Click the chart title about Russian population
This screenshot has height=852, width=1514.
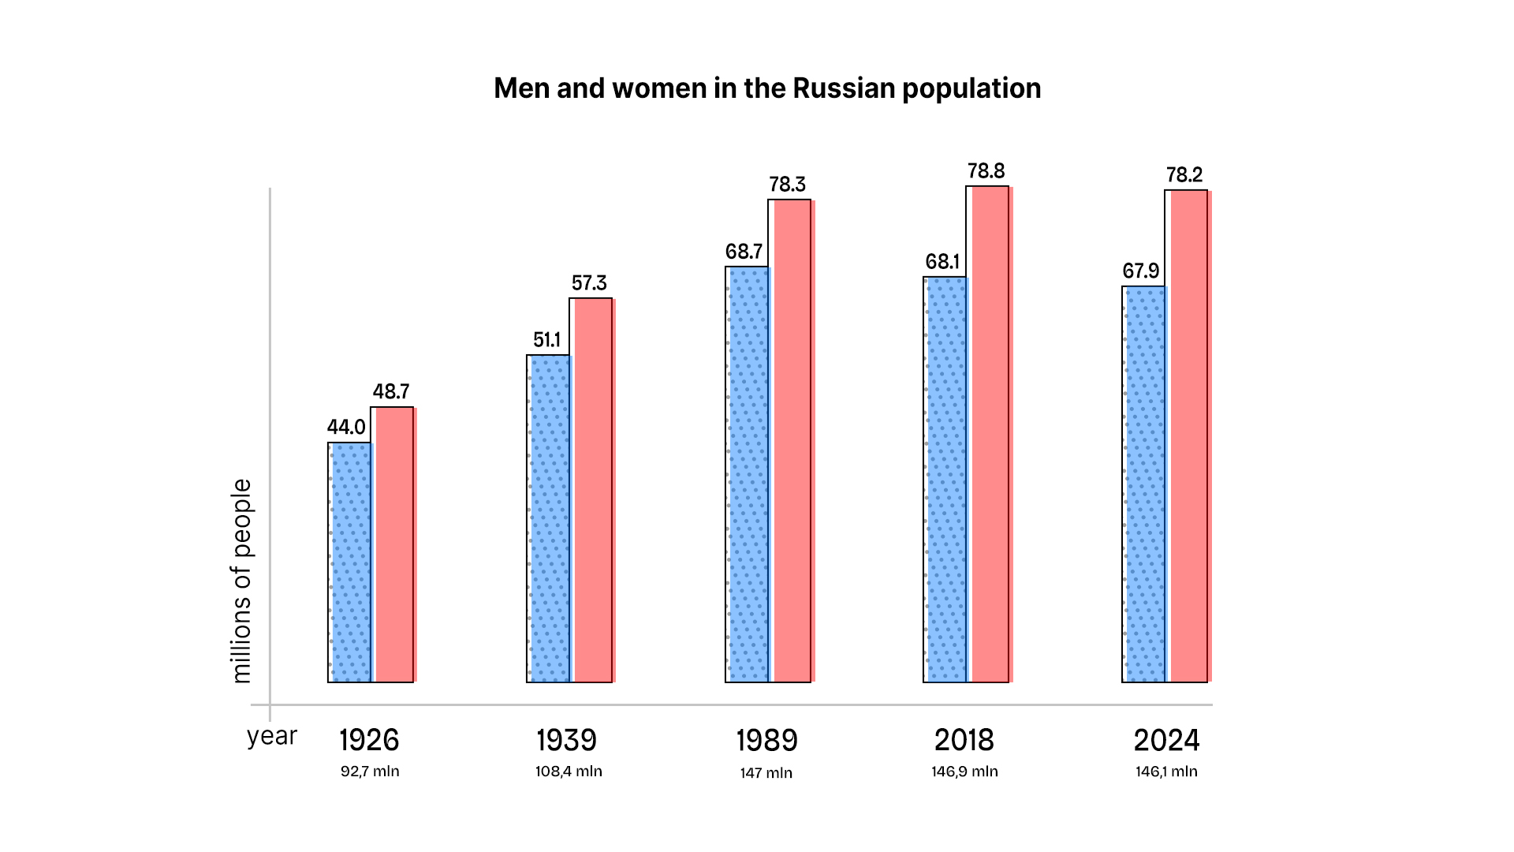766,88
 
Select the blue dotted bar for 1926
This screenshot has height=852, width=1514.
350,562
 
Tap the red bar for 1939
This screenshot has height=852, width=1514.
592,489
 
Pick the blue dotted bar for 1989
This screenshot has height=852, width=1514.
747,473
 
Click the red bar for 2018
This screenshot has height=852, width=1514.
989,434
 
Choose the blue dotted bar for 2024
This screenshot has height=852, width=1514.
1144,484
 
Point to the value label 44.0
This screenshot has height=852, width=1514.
346,428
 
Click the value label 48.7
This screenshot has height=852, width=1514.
391,392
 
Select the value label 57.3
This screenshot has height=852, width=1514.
589,283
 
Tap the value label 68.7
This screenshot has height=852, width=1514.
744,252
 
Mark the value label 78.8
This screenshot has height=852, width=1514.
986,171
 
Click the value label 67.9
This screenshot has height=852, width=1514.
1140,271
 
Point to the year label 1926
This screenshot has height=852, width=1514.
369,741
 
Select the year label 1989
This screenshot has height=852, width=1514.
766,741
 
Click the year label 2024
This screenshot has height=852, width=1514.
1166,741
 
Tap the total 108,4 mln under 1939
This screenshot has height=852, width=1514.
569,772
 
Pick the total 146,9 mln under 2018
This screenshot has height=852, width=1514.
964,772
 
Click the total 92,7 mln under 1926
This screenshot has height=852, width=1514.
370,772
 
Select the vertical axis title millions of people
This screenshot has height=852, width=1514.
241,581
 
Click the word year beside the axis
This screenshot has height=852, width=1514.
271,736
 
